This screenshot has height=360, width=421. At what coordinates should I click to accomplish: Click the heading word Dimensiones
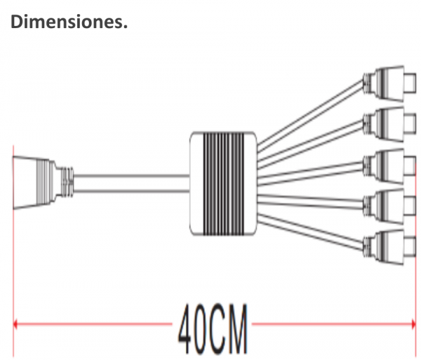[x=69, y=22]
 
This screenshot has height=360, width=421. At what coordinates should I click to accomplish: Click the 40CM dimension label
[x=213, y=329]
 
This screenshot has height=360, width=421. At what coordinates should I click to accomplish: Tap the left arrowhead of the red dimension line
[x=15, y=324]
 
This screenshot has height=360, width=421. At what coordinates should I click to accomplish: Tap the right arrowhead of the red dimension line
[x=413, y=324]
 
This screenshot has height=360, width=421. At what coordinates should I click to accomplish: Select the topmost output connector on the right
[x=389, y=84]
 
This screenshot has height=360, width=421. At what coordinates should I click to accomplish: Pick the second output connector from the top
[x=389, y=124]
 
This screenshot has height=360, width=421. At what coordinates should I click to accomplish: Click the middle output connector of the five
[x=389, y=166]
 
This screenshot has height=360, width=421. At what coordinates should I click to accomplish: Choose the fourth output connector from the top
[x=389, y=206]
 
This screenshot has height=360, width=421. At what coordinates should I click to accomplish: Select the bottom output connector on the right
[x=389, y=247]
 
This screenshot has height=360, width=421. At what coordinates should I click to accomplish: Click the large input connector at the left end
[x=43, y=182]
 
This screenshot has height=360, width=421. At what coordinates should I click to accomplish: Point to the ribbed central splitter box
[x=223, y=184]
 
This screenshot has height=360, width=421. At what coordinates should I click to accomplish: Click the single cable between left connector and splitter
[x=132, y=184]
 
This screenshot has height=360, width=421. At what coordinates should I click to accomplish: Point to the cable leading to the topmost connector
[x=310, y=114]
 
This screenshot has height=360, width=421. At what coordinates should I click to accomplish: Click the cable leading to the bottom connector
[x=311, y=232]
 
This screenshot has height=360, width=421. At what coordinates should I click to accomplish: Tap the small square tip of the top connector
[x=410, y=84]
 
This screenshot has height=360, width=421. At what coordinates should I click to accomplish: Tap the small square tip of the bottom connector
[x=410, y=247]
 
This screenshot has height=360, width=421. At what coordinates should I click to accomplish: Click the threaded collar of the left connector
[x=67, y=182]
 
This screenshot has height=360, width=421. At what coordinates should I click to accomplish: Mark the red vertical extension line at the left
[x=13, y=251]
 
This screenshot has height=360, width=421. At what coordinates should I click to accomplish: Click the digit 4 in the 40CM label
[x=185, y=329]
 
